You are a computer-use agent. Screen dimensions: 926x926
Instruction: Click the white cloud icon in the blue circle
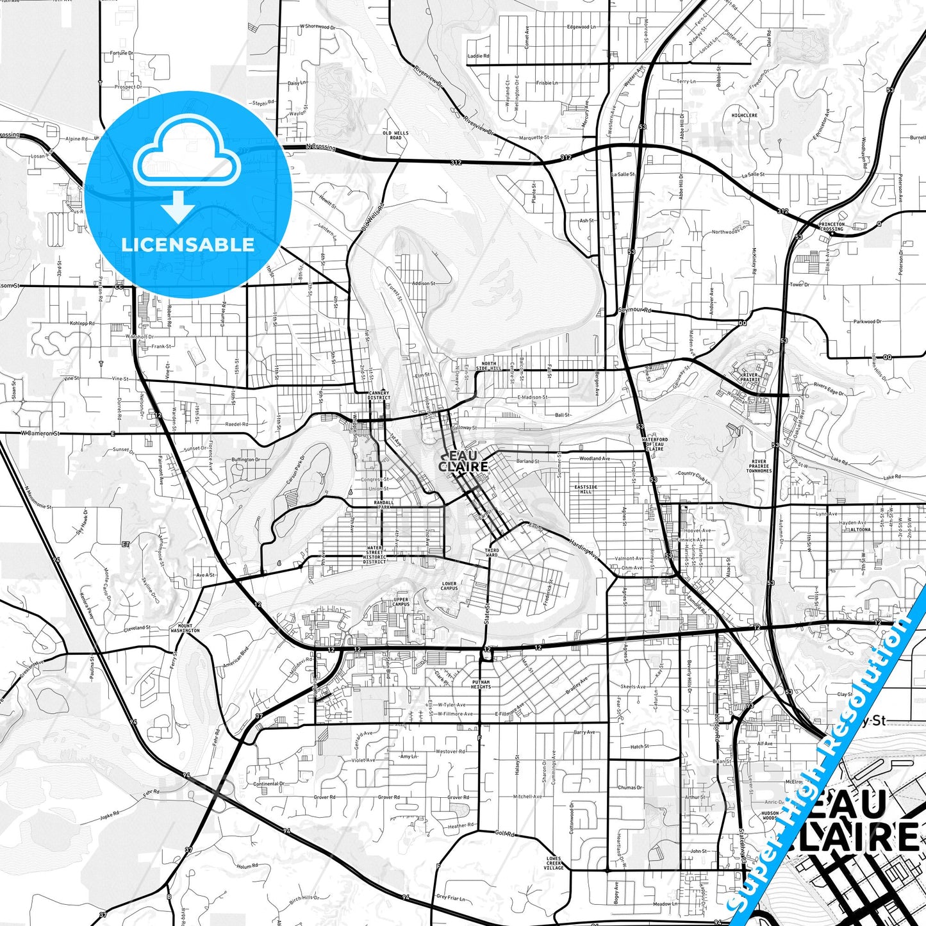[x=187, y=158]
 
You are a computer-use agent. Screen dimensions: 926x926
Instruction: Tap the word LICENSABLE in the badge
[x=188, y=244]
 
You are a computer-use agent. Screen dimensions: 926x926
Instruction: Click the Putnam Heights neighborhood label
[x=481, y=684]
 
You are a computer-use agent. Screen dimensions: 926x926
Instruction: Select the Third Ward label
[x=492, y=552]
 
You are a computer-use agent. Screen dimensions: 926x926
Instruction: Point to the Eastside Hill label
[x=585, y=489]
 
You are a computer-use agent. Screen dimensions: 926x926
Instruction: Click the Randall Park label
[x=384, y=505]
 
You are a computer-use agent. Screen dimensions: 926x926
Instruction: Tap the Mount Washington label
[x=185, y=628]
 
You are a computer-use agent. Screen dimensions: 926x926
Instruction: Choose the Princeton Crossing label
[x=831, y=226]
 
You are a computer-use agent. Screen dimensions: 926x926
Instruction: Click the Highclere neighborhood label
[x=744, y=115]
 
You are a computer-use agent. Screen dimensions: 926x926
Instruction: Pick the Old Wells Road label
[x=395, y=135]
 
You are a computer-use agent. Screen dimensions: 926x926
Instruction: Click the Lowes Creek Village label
[x=554, y=863]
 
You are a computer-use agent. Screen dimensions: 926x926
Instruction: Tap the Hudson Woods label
[x=770, y=815]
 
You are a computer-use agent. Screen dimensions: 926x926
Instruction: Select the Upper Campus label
[x=401, y=602]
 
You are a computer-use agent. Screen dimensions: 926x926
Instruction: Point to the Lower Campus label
[x=449, y=586]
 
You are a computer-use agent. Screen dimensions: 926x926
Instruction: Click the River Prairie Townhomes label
[x=759, y=466]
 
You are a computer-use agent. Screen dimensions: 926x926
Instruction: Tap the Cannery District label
[x=379, y=395]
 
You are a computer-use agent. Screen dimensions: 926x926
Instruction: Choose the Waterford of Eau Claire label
[x=654, y=444]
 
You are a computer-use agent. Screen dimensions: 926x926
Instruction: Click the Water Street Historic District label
[x=375, y=555]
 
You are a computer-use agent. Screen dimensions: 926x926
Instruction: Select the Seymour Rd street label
[x=634, y=310]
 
